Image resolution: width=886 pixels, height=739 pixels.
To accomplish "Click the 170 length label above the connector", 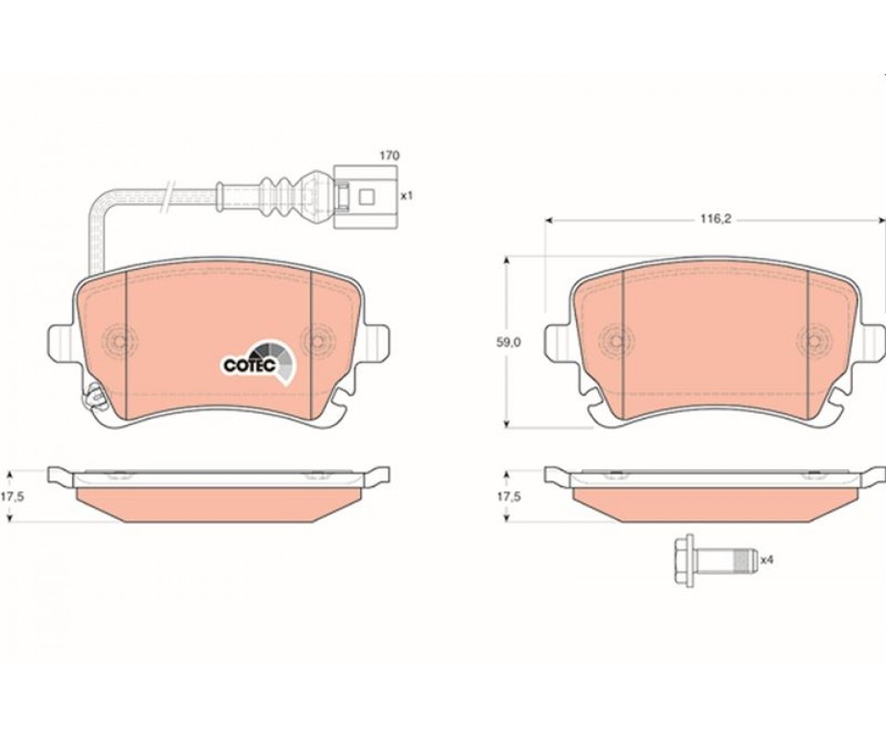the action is point(389,155).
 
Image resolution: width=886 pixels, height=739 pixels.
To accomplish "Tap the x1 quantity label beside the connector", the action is point(407,196).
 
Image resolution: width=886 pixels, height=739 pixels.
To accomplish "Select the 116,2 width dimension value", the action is point(716,219).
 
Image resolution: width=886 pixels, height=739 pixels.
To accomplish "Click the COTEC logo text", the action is point(250,365).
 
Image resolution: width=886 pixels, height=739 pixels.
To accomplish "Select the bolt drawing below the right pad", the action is point(715,561).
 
